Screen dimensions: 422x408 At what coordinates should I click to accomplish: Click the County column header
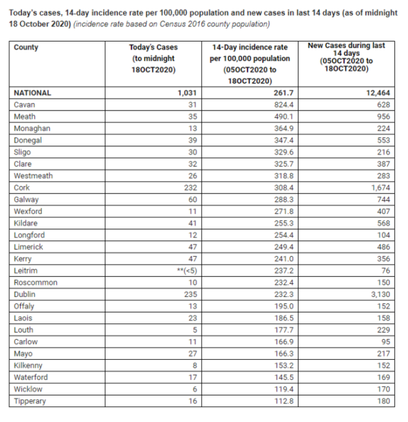click(x=26, y=48)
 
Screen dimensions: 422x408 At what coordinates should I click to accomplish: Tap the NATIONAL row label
click(x=33, y=93)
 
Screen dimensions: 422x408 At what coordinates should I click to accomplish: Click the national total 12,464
click(x=377, y=93)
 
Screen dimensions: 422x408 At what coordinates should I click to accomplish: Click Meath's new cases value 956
click(x=383, y=116)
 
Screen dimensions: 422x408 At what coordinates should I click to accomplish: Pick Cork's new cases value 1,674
click(x=379, y=187)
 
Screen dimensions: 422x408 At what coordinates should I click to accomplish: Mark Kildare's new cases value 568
click(x=383, y=223)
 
